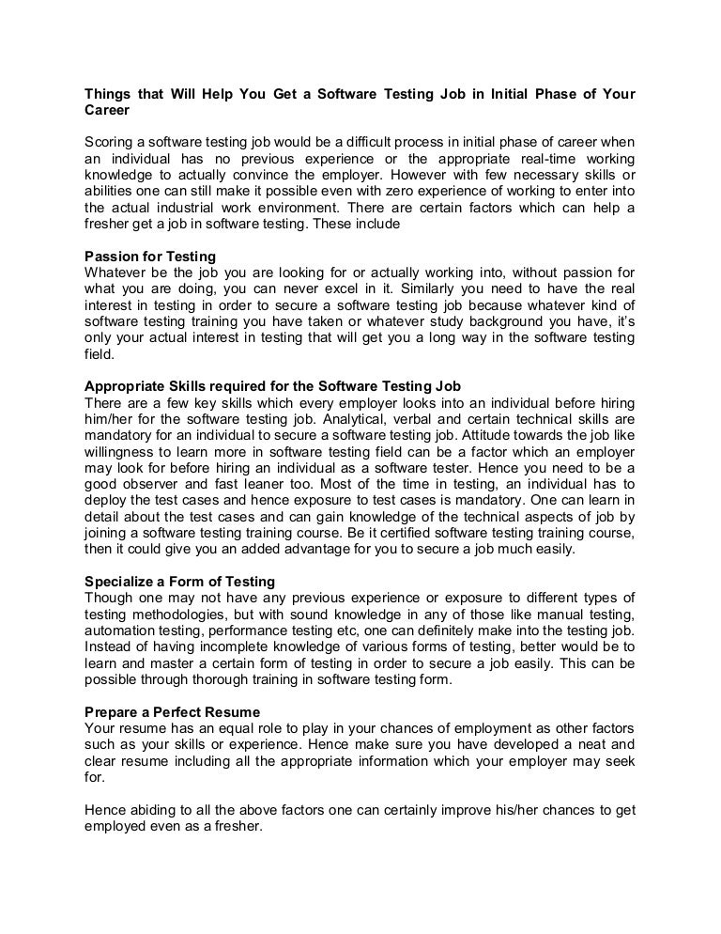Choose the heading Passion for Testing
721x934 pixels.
click(151, 256)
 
